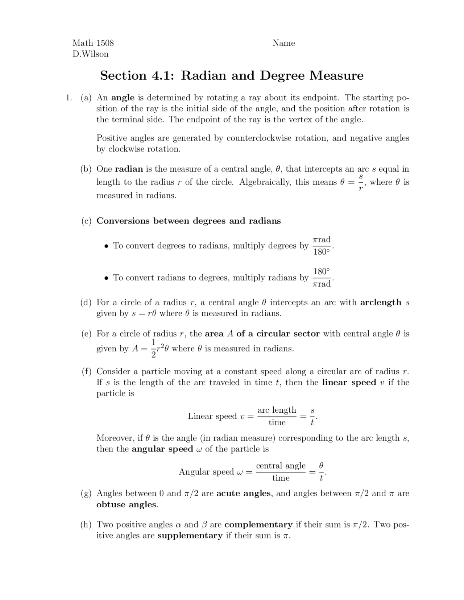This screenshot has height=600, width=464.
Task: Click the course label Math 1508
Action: click(x=93, y=43)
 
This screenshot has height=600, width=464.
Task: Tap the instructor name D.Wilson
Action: click(x=90, y=54)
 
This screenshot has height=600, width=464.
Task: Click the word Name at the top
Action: click(x=283, y=43)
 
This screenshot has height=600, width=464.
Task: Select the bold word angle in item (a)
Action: click(x=123, y=98)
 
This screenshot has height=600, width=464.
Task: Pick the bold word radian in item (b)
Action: click(x=129, y=169)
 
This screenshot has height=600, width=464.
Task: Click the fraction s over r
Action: click(x=361, y=182)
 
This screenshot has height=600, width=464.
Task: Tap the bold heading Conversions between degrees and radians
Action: click(x=188, y=221)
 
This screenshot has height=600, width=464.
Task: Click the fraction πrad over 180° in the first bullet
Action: click(x=322, y=246)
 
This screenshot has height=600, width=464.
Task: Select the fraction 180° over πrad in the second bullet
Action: click(x=322, y=278)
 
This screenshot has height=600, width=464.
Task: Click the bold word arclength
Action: click(x=381, y=303)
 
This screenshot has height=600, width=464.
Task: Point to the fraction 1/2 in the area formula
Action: click(x=153, y=348)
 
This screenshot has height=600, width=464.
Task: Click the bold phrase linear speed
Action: click(x=349, y=383)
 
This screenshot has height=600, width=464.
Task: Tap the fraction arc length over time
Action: click(x=277, y=416)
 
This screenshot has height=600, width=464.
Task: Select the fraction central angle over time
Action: click(x=281, y=471)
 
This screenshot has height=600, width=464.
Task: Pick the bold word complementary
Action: click(x=258, y=525)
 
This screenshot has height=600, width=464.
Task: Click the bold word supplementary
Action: click(x=190, y=536)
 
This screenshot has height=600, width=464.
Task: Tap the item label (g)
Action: click(x=86, y=493)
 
